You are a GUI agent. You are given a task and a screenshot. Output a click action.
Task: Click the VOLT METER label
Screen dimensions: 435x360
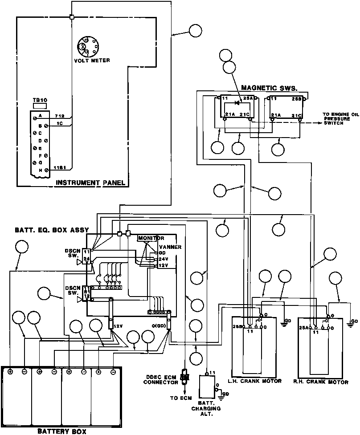click(92, 61)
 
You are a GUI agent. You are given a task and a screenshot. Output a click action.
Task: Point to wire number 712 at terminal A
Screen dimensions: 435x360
click(59, 116)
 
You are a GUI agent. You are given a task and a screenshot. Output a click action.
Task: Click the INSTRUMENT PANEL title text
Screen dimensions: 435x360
click(90, 183)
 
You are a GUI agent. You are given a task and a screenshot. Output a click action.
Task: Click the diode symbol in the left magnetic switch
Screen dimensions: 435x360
click(237, 103)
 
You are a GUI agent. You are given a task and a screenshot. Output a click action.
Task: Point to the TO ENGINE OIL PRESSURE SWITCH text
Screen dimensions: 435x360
click(340, 119)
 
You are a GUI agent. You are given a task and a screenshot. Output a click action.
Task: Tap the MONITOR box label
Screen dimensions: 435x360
click(151, 238)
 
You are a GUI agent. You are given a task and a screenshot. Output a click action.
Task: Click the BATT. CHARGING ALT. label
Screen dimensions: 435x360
click(206, 405)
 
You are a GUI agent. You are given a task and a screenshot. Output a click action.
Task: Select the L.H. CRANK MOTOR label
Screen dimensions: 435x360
click(255, 382)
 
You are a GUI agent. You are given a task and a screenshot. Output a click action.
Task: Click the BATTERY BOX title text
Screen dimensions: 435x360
click(61, 431)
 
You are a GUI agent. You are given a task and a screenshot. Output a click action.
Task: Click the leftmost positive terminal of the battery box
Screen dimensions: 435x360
click(10, 371)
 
